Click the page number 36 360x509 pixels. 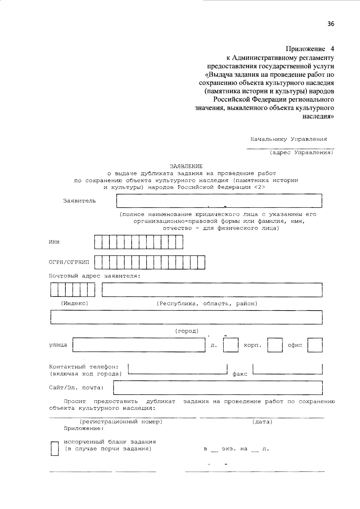point(331,24)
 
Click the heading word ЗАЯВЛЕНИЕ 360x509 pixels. point(186,166)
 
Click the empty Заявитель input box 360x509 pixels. point(219,201)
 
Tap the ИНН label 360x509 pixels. point(54,242)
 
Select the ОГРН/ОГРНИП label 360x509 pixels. point(69,262)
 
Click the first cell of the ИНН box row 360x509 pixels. point(98,242)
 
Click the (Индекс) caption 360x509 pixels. point(75,303)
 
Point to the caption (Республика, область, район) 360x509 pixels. point(207,303)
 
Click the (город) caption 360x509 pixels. point(187,331)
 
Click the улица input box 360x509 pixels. point(139,345)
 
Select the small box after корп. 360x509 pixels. point(275,345)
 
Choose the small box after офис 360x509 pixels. point(315,345)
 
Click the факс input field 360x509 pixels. point(288,369)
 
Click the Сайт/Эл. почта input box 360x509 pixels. point(218,388)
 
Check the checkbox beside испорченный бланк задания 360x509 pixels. point(54,449)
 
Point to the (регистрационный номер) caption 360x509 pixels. point(121,422)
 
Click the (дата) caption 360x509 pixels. point(262,422)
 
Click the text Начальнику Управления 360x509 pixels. point(289,139)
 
